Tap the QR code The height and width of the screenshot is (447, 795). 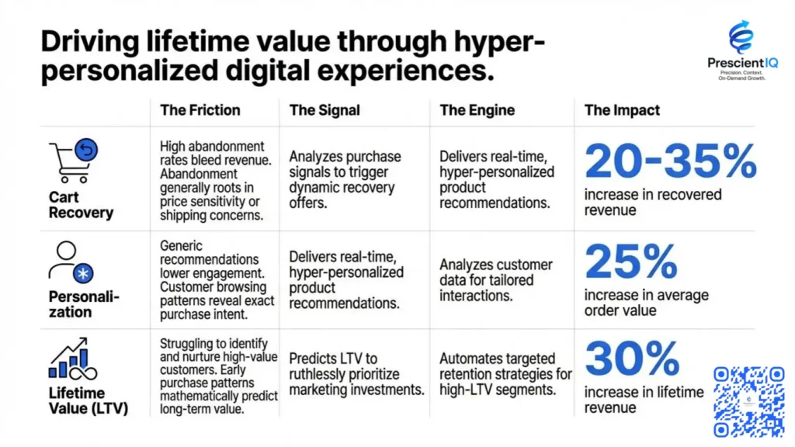pos(748,401)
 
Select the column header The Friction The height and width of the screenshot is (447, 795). pos(200,110)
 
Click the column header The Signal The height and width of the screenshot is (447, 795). pos(325,110)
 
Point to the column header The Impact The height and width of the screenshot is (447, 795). pos(622,110)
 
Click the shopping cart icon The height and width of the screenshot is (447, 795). pos(73,161)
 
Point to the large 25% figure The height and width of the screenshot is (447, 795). pos(633,262)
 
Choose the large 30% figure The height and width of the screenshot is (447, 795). pos(633,359)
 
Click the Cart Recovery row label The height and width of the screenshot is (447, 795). pos(81,205)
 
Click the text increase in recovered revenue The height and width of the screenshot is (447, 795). pos(653,202)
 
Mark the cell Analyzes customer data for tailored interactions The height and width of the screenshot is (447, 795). pos(496,280)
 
